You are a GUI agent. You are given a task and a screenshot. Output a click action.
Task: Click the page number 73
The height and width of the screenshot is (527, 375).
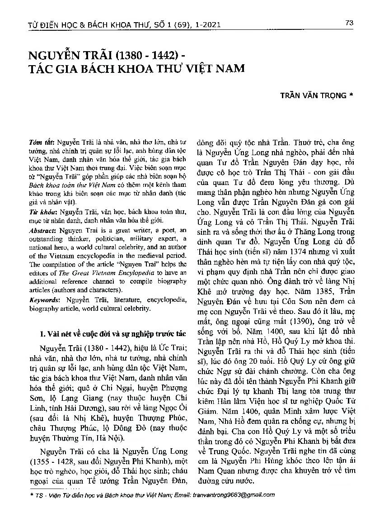348,23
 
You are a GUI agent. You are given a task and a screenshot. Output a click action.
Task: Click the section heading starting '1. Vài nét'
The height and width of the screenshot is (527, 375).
112,334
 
